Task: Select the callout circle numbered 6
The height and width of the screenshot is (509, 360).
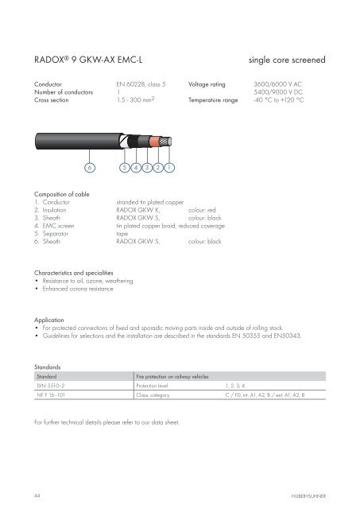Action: point(90,169)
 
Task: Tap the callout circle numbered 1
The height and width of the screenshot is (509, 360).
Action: point(170,169)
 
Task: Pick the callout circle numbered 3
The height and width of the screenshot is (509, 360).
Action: point(147,169)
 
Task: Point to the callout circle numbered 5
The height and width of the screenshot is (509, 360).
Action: point(124,169)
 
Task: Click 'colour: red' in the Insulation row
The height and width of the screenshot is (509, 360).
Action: point(205,210)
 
